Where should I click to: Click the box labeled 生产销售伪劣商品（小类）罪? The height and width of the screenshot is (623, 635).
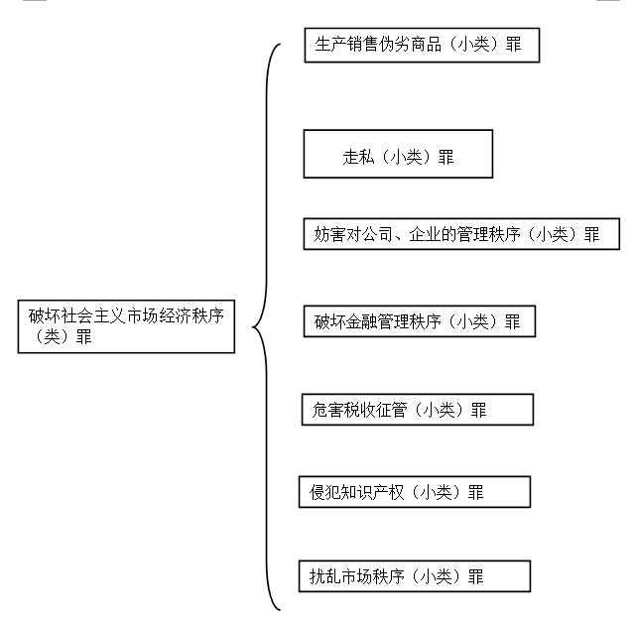422,45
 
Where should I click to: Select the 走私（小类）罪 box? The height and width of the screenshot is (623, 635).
398,154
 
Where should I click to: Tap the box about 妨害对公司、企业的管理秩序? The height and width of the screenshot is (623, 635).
461,234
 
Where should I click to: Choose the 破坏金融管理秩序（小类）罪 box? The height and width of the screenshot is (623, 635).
420,321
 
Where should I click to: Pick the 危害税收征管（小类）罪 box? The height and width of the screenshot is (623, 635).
418,410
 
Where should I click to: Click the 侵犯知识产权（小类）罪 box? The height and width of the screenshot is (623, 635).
415,492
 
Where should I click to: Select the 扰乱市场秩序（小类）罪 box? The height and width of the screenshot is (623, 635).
415,576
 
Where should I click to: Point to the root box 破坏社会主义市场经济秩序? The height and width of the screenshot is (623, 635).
126,326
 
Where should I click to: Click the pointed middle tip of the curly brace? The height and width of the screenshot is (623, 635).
253,326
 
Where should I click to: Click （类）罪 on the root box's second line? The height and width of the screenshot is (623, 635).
62,337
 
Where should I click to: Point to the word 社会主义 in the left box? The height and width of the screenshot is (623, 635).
93,315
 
